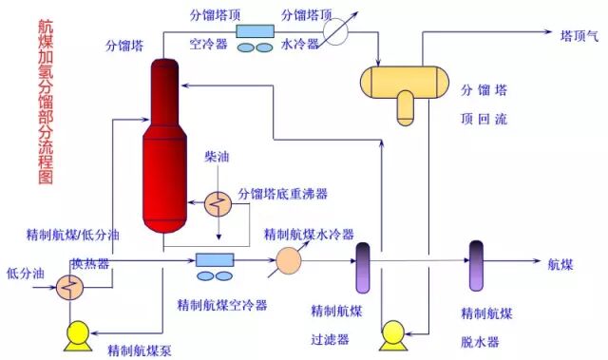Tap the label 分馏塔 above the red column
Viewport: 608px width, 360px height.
[125, 45]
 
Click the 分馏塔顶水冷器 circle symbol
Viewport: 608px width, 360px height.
[336, 31]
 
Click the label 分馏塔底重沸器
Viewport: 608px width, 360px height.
[282, 194]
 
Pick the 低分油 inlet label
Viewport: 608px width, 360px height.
[26, 273]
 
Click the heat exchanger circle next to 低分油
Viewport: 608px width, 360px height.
[69, 286]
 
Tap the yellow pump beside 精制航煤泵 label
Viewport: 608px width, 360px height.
[74, 332]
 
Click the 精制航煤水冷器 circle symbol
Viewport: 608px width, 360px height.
[289, 258]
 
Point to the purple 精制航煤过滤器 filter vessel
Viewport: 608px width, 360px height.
[362, 268]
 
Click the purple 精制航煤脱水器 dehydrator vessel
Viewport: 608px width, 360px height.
[477, 265]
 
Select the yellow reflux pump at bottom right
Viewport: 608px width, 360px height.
[391, 334]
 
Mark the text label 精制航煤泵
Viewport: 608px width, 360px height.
[139, 350]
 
